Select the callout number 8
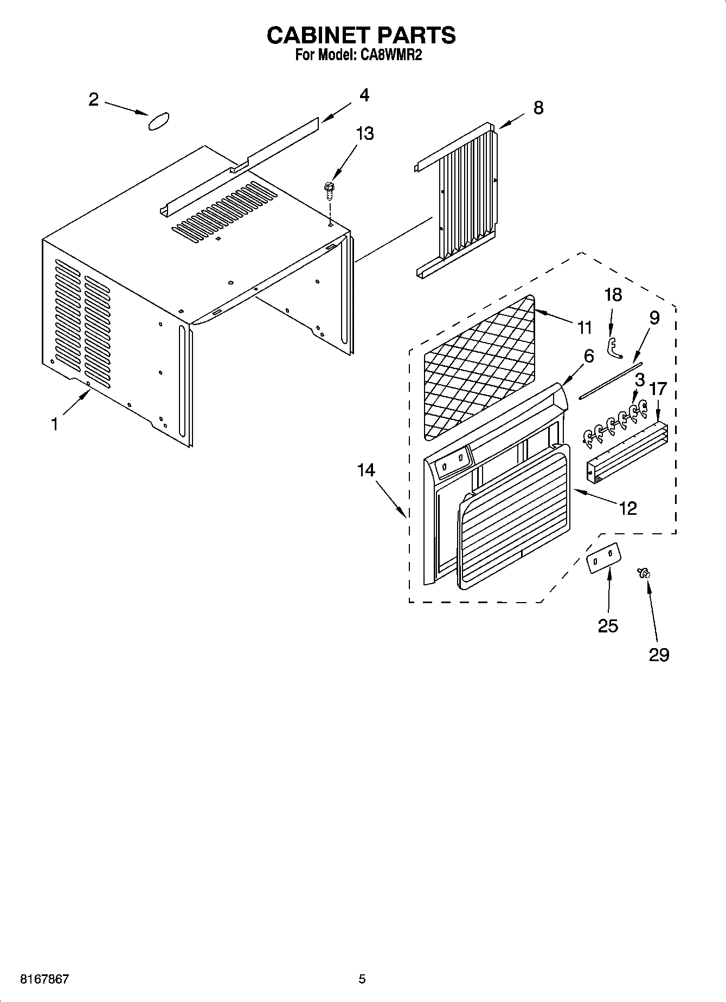tap(538, 107)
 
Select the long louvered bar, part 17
tap(627, 452)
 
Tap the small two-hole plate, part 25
tap(603, 558)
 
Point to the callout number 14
tap(366, 470)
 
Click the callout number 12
tap(627, 508)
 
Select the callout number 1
tap(54, 424)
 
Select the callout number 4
tap(364, 95)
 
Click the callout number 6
tap(588, 356)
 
